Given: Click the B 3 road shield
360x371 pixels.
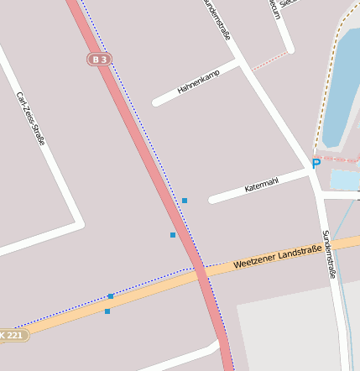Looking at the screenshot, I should tap(99, 60).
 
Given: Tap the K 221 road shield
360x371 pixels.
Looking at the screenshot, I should tap(13, 335).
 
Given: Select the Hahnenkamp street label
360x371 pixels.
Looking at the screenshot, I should tap(198, 82).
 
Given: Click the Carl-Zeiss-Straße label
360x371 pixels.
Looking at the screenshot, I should tap(30, 118).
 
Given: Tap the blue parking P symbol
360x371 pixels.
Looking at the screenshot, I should tap(316, 164).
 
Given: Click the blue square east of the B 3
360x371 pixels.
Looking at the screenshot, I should tap(185, 200).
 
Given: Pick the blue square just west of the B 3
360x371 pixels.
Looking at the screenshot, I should tap(173, 235).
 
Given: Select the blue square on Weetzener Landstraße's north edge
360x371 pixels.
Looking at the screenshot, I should tap(111, 295).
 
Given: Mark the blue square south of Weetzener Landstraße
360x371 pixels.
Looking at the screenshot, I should tap(107, 311).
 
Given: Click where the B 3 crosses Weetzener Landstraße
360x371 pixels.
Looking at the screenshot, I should tap(201, 273).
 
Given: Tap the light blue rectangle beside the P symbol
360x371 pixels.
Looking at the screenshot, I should tap(344, 180).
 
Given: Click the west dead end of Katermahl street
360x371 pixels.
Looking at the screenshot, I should tap(211, 200).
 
